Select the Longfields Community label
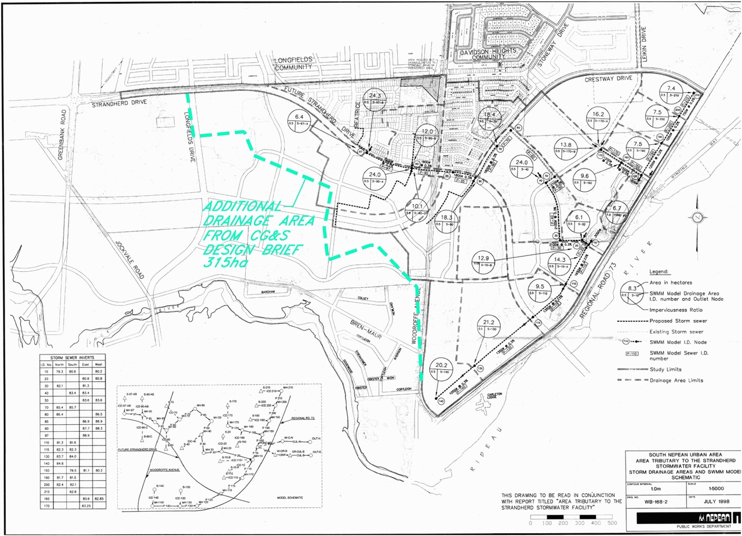tap(293, 63)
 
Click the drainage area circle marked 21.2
tap(488, 326)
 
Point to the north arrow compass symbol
tap(697, 218)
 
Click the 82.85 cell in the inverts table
tap(98, 498)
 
